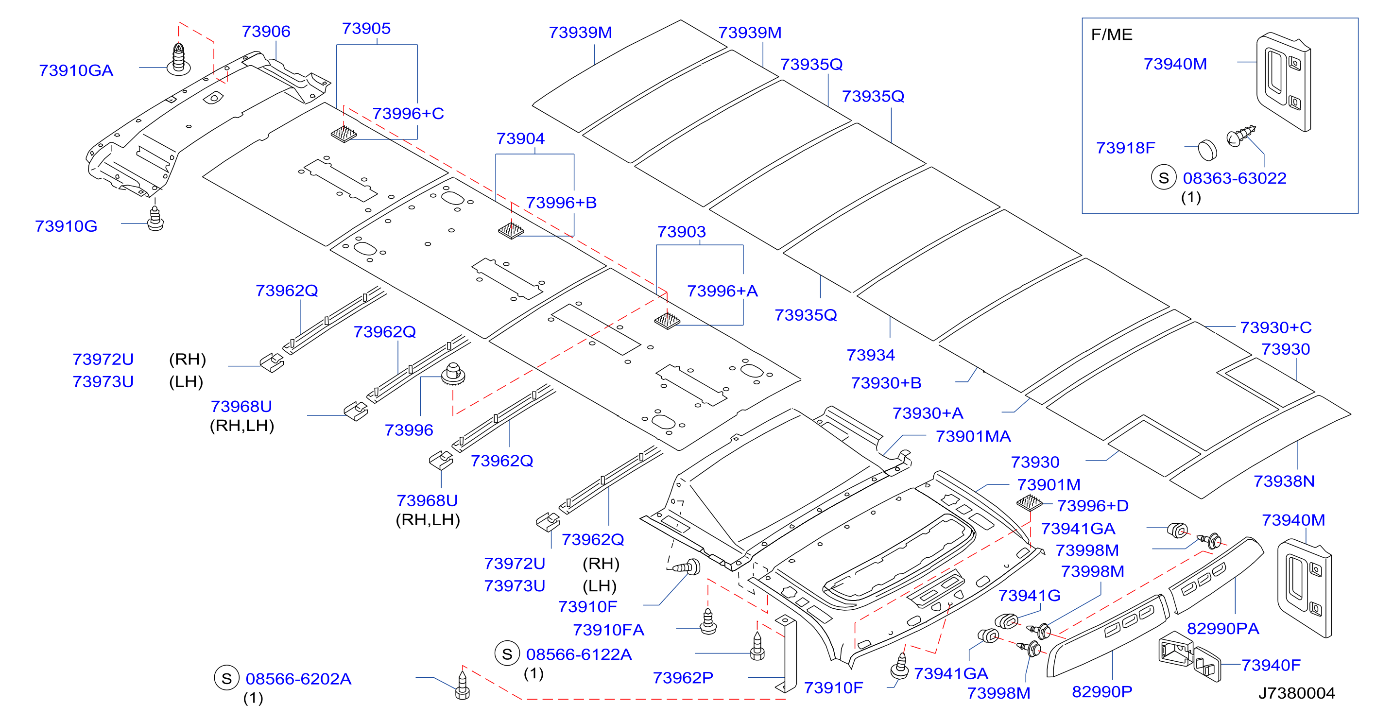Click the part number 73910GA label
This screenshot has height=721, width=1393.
tap(76, 70)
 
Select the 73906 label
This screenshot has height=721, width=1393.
tap(266, 32)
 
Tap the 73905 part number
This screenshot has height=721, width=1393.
tap(366, 28)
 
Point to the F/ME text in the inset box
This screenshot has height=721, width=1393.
tap(1111, 34)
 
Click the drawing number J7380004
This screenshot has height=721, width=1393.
tap(1296, 693)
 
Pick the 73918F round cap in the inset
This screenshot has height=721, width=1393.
tap(1207, 150)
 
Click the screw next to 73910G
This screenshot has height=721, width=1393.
tap(156, 218)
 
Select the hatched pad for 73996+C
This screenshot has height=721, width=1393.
tap(344, 134)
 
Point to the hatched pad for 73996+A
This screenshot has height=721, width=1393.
tap(667, 320)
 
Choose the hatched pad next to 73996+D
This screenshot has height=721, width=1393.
tap(1029, 502)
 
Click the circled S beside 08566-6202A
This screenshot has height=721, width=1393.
tap(226, 678)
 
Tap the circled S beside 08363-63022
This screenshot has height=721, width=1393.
tap(1164, 177)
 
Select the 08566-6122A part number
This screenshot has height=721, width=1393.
tap(579, 654)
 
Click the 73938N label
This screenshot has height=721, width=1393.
tap(1284, 481)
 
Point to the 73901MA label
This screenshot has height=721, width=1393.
tap(973, 436)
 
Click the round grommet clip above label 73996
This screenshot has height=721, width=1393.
tap(453, 374)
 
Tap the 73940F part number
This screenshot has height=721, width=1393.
tap(1271, 665)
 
